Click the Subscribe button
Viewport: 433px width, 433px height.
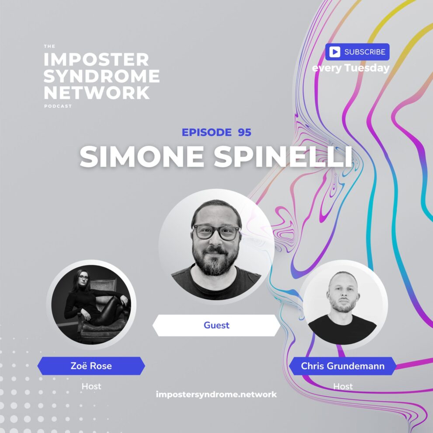[x=357, y=52]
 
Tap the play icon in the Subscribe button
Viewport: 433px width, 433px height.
[x=335, y=52]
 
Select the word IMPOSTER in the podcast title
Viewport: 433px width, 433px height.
[x=97, y=59]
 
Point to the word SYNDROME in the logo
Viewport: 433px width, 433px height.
[x=102, y=76]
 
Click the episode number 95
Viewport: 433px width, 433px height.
[x=244, y=132]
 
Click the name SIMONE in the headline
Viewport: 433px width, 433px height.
[x=140, y=156]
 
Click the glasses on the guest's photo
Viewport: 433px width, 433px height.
[x=216, y=232]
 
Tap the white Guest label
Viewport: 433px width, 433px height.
[x=216, y=325]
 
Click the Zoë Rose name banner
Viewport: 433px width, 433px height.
[x=91, y=366]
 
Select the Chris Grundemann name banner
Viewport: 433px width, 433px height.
[x=342, y=366]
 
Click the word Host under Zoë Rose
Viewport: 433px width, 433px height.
[x=91, y=386]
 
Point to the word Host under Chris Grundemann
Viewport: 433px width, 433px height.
[x=342, y=386]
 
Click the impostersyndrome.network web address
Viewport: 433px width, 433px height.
[x=216, y=394]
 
